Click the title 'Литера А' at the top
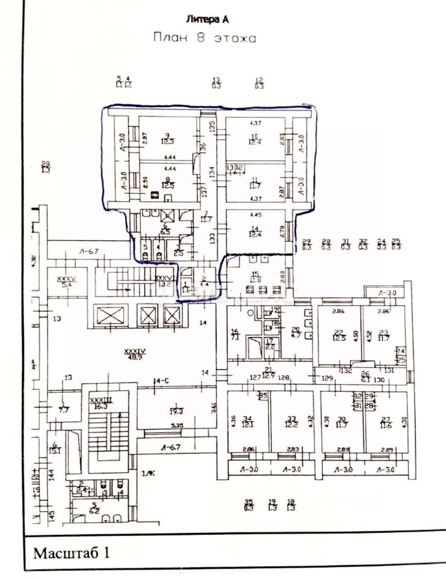pyautogui.click(x=207, y=19)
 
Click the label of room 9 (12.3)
pyautogui.click(x=167, y=138)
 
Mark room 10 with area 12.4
pyautogui.click(x=255, y=139)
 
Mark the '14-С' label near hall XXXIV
pyautogui.click(x=161, y=381)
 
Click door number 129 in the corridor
pyautogui.click(x=327, y=378)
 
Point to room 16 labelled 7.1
pyautogui.click(x=236, y=334)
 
